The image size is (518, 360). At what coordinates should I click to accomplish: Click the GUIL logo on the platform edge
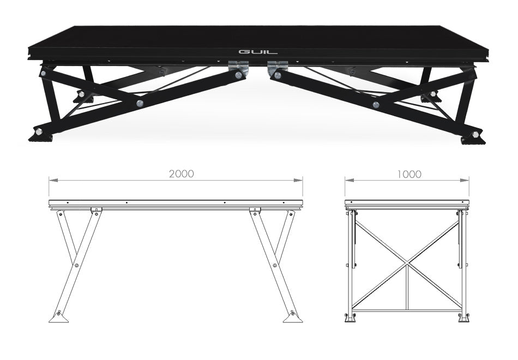258,52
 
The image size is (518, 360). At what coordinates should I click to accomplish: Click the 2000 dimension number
182,174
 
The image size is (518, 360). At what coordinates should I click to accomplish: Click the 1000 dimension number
409,174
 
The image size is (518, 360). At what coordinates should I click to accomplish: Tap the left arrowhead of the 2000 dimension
54,180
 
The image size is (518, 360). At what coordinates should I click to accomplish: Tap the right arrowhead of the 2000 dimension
298,180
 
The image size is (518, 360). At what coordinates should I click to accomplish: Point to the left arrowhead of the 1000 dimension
350,180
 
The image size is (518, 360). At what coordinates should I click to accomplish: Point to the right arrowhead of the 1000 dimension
464,180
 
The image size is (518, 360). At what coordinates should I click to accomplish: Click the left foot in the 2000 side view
59,317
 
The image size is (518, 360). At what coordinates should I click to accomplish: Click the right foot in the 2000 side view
293,317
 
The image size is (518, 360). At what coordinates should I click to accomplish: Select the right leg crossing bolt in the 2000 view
275,265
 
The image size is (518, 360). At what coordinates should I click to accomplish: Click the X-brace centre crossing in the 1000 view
407,263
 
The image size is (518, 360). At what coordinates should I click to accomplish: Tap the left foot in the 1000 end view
350,318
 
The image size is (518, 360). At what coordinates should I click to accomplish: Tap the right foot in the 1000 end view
464,318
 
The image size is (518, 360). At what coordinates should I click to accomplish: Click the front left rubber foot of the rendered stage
40,137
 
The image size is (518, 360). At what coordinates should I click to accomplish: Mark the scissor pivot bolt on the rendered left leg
140,103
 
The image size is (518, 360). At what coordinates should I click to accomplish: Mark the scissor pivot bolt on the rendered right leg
376,105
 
